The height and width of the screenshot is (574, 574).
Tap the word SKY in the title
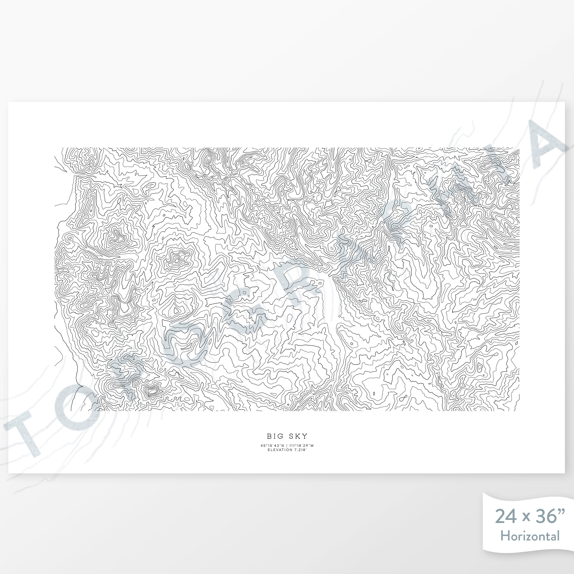click(298, 436)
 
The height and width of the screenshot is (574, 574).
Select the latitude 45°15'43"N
click(272, 445)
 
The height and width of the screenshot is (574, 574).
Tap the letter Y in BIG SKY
click(305, 436)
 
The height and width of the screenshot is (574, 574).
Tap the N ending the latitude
click(283, 445)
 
